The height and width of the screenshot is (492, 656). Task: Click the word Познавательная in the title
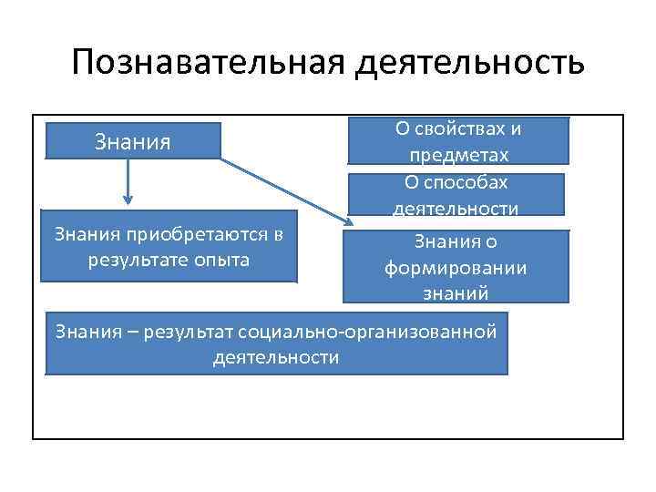tap(206, 63)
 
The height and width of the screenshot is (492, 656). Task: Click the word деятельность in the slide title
tap(466, 64)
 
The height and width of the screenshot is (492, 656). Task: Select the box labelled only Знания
tap(133, 142)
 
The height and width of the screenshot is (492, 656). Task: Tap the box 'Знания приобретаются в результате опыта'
tap(169, 247)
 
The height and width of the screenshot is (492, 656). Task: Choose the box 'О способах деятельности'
tap(456, 195)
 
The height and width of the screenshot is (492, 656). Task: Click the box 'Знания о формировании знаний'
tap(456, 267)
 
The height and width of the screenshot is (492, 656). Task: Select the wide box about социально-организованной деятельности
tap(276, 343)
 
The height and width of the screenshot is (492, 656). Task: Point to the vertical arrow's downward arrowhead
tap(128, 200)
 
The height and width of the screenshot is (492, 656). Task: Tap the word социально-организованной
tap(384, 330)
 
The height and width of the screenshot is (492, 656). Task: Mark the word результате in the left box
tap(132, 260)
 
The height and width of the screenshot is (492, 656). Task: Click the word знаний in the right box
tap(456, 293)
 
